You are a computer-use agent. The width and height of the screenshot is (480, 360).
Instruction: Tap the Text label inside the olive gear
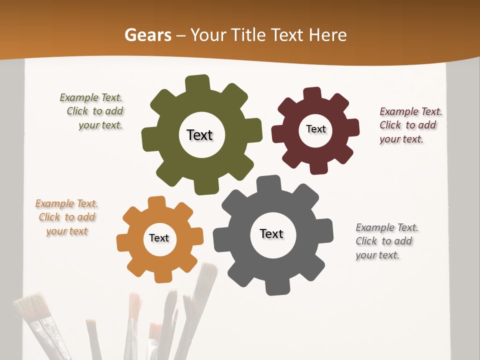point(199,135)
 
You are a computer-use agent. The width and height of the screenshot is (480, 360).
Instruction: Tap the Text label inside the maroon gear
point(315,129)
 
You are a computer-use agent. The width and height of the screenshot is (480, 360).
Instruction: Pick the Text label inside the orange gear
point(159,238)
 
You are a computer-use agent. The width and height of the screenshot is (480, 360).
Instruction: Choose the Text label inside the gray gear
point(271,233)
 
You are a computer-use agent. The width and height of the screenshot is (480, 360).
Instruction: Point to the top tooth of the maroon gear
point(312,93)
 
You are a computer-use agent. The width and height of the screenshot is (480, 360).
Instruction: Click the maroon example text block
point(410,125)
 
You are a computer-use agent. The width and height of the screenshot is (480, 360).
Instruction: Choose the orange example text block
point(66,217)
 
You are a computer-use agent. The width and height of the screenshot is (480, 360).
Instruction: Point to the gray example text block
point(386,241)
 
